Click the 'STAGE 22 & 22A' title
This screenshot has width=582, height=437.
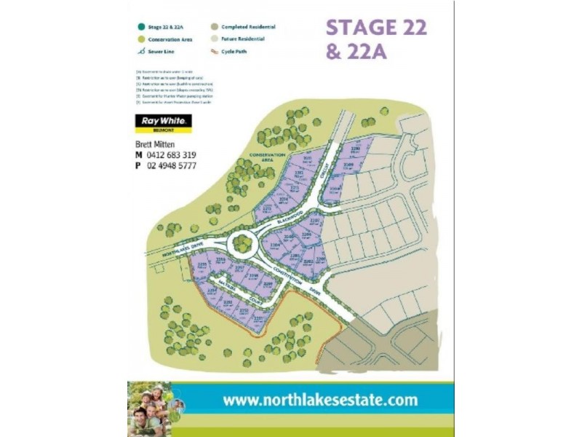click(376, 39)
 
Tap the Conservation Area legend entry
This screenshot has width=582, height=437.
click(168, 39)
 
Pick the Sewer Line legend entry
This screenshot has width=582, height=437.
click(161, 51)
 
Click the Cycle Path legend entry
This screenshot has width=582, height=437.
click(232, 51)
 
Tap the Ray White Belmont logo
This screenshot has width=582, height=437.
click(163, 124)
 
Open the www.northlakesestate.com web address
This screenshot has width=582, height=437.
click(320, 400)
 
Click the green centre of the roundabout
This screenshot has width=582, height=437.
click(239, 243)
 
